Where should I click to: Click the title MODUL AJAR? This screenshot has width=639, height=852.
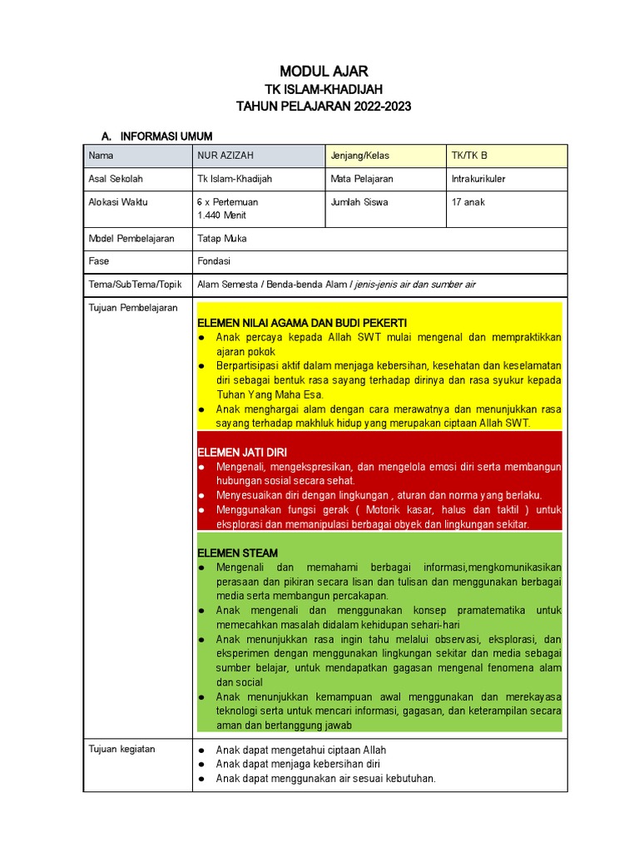tap(324, 71)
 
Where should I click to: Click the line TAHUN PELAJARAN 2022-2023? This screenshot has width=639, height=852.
tap(324, 106)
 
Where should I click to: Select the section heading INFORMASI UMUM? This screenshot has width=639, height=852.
tap(166, 136)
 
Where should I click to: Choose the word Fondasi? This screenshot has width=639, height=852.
tap(214, 261)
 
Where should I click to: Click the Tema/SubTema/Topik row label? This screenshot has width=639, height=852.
tap(134, 285)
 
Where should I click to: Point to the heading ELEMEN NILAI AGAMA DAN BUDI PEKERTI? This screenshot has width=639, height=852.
tap(302, 323)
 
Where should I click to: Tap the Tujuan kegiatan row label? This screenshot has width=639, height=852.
tap(121, 749)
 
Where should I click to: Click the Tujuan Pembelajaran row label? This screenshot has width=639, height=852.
tap(133, 308)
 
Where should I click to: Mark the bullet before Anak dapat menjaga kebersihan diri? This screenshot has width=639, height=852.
tap(201, 765)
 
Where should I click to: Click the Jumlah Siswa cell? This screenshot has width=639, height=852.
tap(359, 202)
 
